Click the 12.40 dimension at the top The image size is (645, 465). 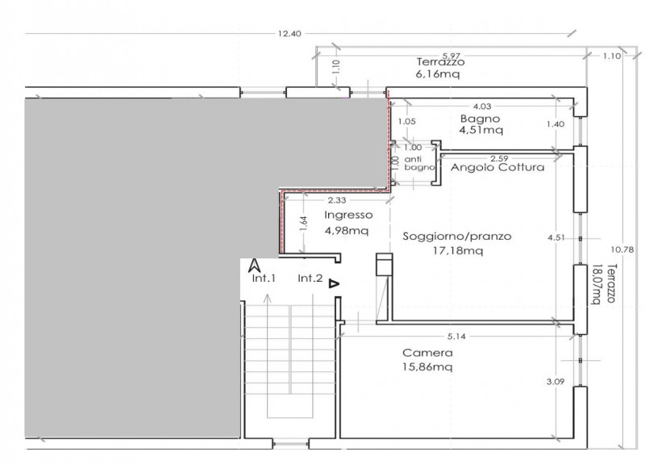(289, 34)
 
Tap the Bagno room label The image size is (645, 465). (480, 119)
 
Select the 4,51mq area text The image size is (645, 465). (481, 130)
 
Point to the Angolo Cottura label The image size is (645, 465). (497, 167)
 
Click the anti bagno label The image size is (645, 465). (419, 163)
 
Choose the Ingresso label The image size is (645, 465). (348, 215)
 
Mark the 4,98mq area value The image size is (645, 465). (347, 230)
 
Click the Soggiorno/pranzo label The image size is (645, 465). (457, 237)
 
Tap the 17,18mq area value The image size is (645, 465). (458, 250)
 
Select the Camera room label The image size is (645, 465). (427, 353)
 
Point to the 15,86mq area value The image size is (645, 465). (427, 367)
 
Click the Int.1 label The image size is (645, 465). (264, 279)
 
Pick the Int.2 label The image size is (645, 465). (310, 279)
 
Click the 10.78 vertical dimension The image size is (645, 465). (622, 249)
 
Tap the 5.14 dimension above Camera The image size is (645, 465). (456, 337)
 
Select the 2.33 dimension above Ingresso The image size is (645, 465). (337, 200)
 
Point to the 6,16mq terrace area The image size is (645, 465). (438, 74)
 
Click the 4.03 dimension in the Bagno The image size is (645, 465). (482, 107)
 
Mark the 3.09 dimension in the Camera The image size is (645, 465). (556, 381)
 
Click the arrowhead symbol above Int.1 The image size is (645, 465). (255, 266)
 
